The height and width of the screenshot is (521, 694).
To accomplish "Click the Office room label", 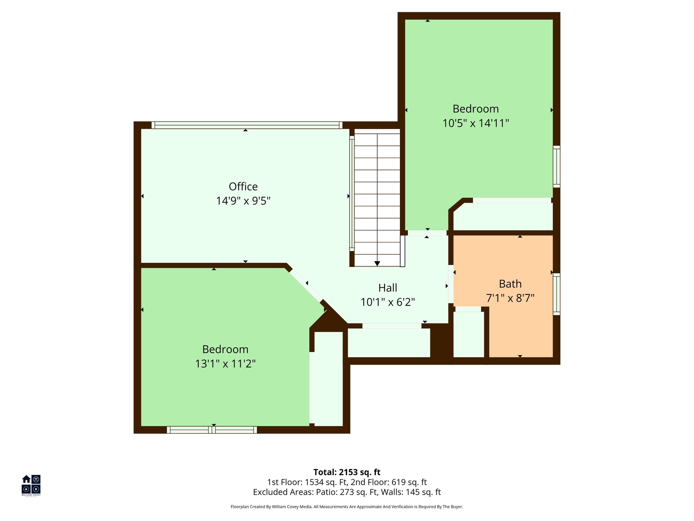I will click(x=243, y=187).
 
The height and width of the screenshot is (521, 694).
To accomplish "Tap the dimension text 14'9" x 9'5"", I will click(x=243, y=201).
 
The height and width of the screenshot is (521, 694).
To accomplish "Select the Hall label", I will click(x=387, y=288).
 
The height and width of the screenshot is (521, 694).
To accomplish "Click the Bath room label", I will click(x=510, y=284).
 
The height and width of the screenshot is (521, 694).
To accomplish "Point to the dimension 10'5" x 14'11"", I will click(x=475, y=123).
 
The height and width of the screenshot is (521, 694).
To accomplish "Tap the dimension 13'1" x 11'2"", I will click(x=225, y=364).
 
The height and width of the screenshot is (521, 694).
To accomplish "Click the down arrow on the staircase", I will click(x=377, y=264).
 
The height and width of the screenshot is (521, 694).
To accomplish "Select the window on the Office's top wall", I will click(x=246, y=125).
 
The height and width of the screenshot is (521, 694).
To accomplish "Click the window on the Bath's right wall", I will click(x=556, y=294).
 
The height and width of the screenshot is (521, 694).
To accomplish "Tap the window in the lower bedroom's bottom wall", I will click(x=212, y=430).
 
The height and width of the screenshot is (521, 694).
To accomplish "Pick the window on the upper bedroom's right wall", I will click(x=556, y=167).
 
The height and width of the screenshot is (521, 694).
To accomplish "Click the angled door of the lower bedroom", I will click(x=306, y=285).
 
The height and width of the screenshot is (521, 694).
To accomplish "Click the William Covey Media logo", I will click(x=31, y=485).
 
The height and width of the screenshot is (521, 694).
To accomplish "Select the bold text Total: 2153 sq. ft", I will click(x=347, y=472).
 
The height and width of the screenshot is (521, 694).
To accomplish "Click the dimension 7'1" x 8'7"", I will click(x=510, y=298).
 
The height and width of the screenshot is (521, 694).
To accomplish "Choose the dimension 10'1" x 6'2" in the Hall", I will click(x=387, y=302).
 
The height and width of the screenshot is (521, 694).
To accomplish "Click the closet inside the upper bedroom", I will click(x=503, y=216).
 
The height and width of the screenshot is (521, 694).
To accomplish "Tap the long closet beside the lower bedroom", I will click(x=328, y=379).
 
